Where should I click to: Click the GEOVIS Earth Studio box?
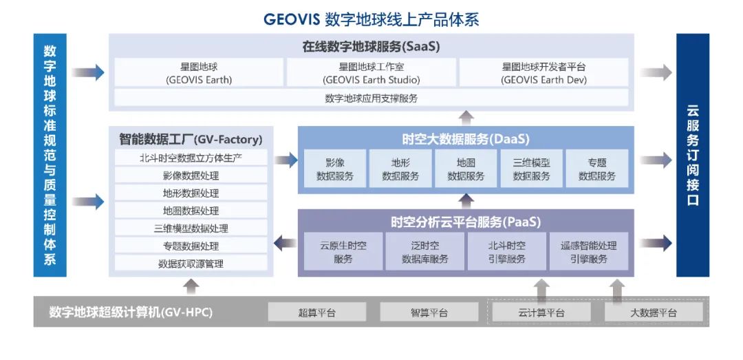click(371, 72)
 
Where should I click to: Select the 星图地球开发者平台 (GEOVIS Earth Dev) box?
click(543, 72)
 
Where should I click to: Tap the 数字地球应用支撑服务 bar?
click(371, 98)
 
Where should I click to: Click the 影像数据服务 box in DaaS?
click(335, 169)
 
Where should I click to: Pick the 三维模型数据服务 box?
click(532, 169)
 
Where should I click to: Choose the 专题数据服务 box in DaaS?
click(597, 169)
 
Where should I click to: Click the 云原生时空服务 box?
click(343, 252)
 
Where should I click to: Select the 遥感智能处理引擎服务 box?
click(589, 252)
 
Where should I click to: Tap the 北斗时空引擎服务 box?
click(507, 252)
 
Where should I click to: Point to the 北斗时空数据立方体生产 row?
click(191, 158)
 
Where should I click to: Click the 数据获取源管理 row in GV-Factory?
click(191, 264)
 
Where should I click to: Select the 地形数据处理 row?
click(191, 193)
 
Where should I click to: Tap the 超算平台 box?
click(317, 313)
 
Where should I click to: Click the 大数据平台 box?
click(654, 313)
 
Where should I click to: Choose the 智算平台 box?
click(429, 313)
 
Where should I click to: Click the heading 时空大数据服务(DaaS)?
click(466, 139)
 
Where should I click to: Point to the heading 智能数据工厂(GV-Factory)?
click(191, 139)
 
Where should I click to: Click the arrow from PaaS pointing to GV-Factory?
click(284, 242)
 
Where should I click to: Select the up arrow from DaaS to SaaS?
click(466, 117)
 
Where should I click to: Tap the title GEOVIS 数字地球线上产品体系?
click(371, 19)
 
